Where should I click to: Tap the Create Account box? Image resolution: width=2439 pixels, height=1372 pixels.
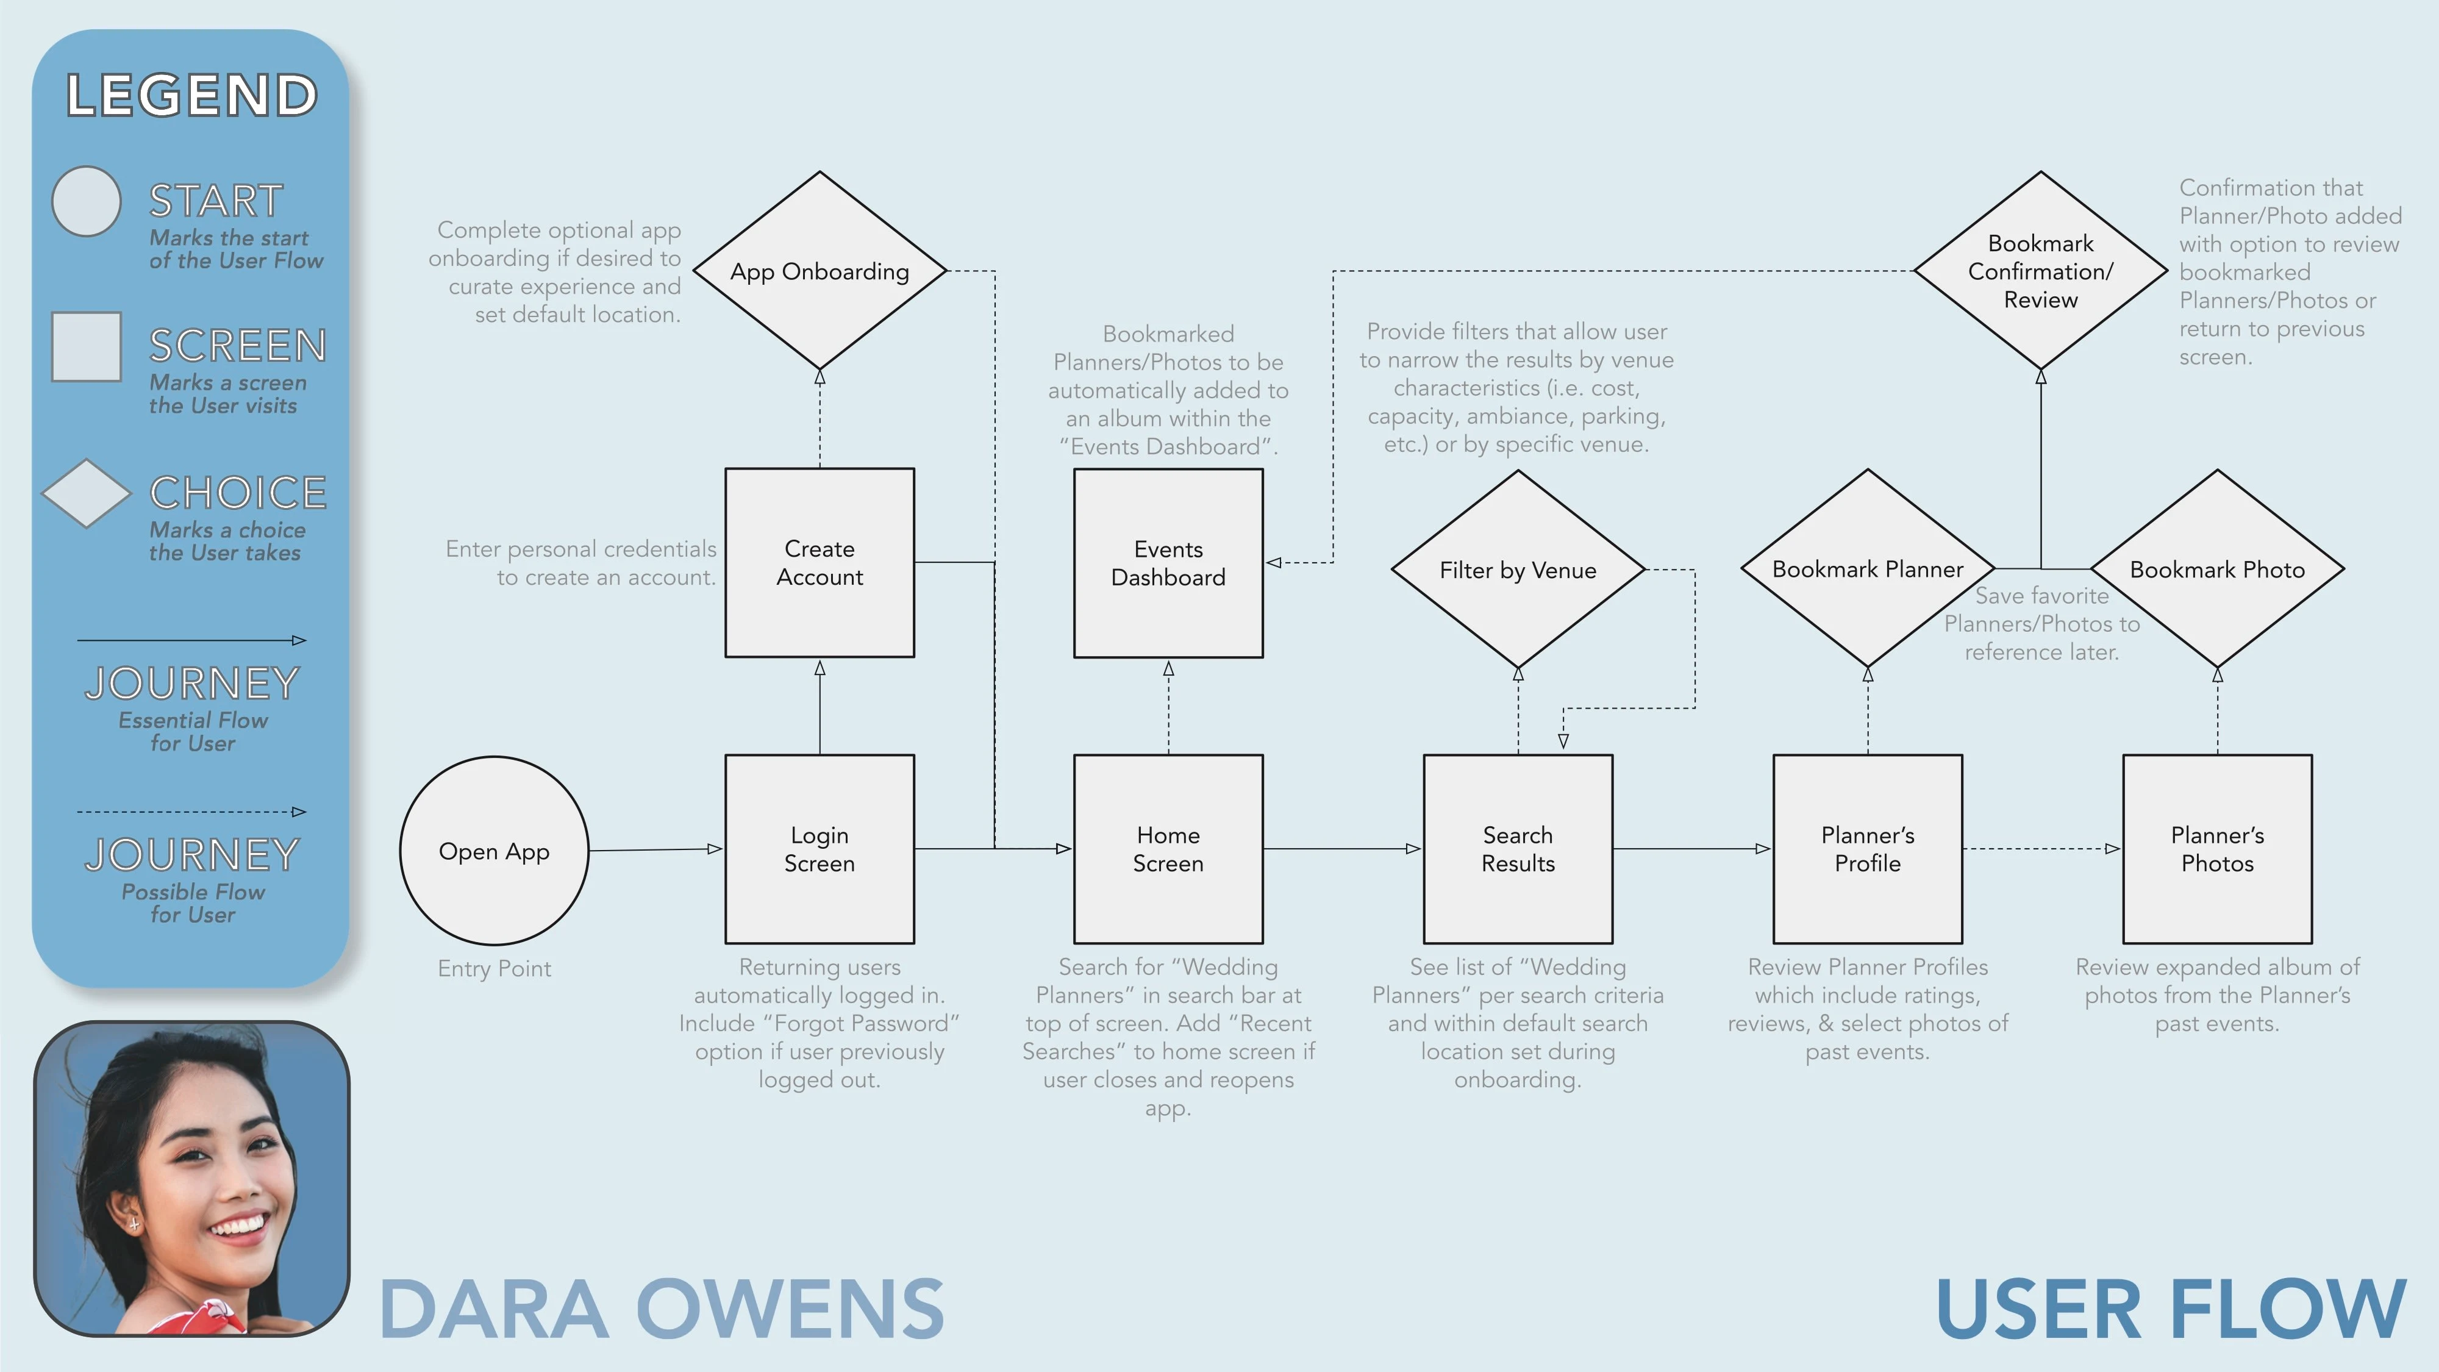point(819,562)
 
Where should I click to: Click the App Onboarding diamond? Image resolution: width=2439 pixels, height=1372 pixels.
point(819,271)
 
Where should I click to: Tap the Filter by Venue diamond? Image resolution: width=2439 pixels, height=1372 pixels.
point(1518,569)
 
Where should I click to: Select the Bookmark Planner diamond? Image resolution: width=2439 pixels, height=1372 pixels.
point(1867,568)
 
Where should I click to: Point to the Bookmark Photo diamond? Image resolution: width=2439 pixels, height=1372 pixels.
point(2216,569)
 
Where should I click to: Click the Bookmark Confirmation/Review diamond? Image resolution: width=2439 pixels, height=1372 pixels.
point(2040,271)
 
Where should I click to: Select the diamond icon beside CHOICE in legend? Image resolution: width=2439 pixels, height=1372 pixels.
point(86,493)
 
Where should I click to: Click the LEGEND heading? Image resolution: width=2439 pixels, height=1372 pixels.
point(191,96)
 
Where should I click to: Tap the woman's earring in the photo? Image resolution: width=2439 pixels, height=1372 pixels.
point(134,1224)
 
